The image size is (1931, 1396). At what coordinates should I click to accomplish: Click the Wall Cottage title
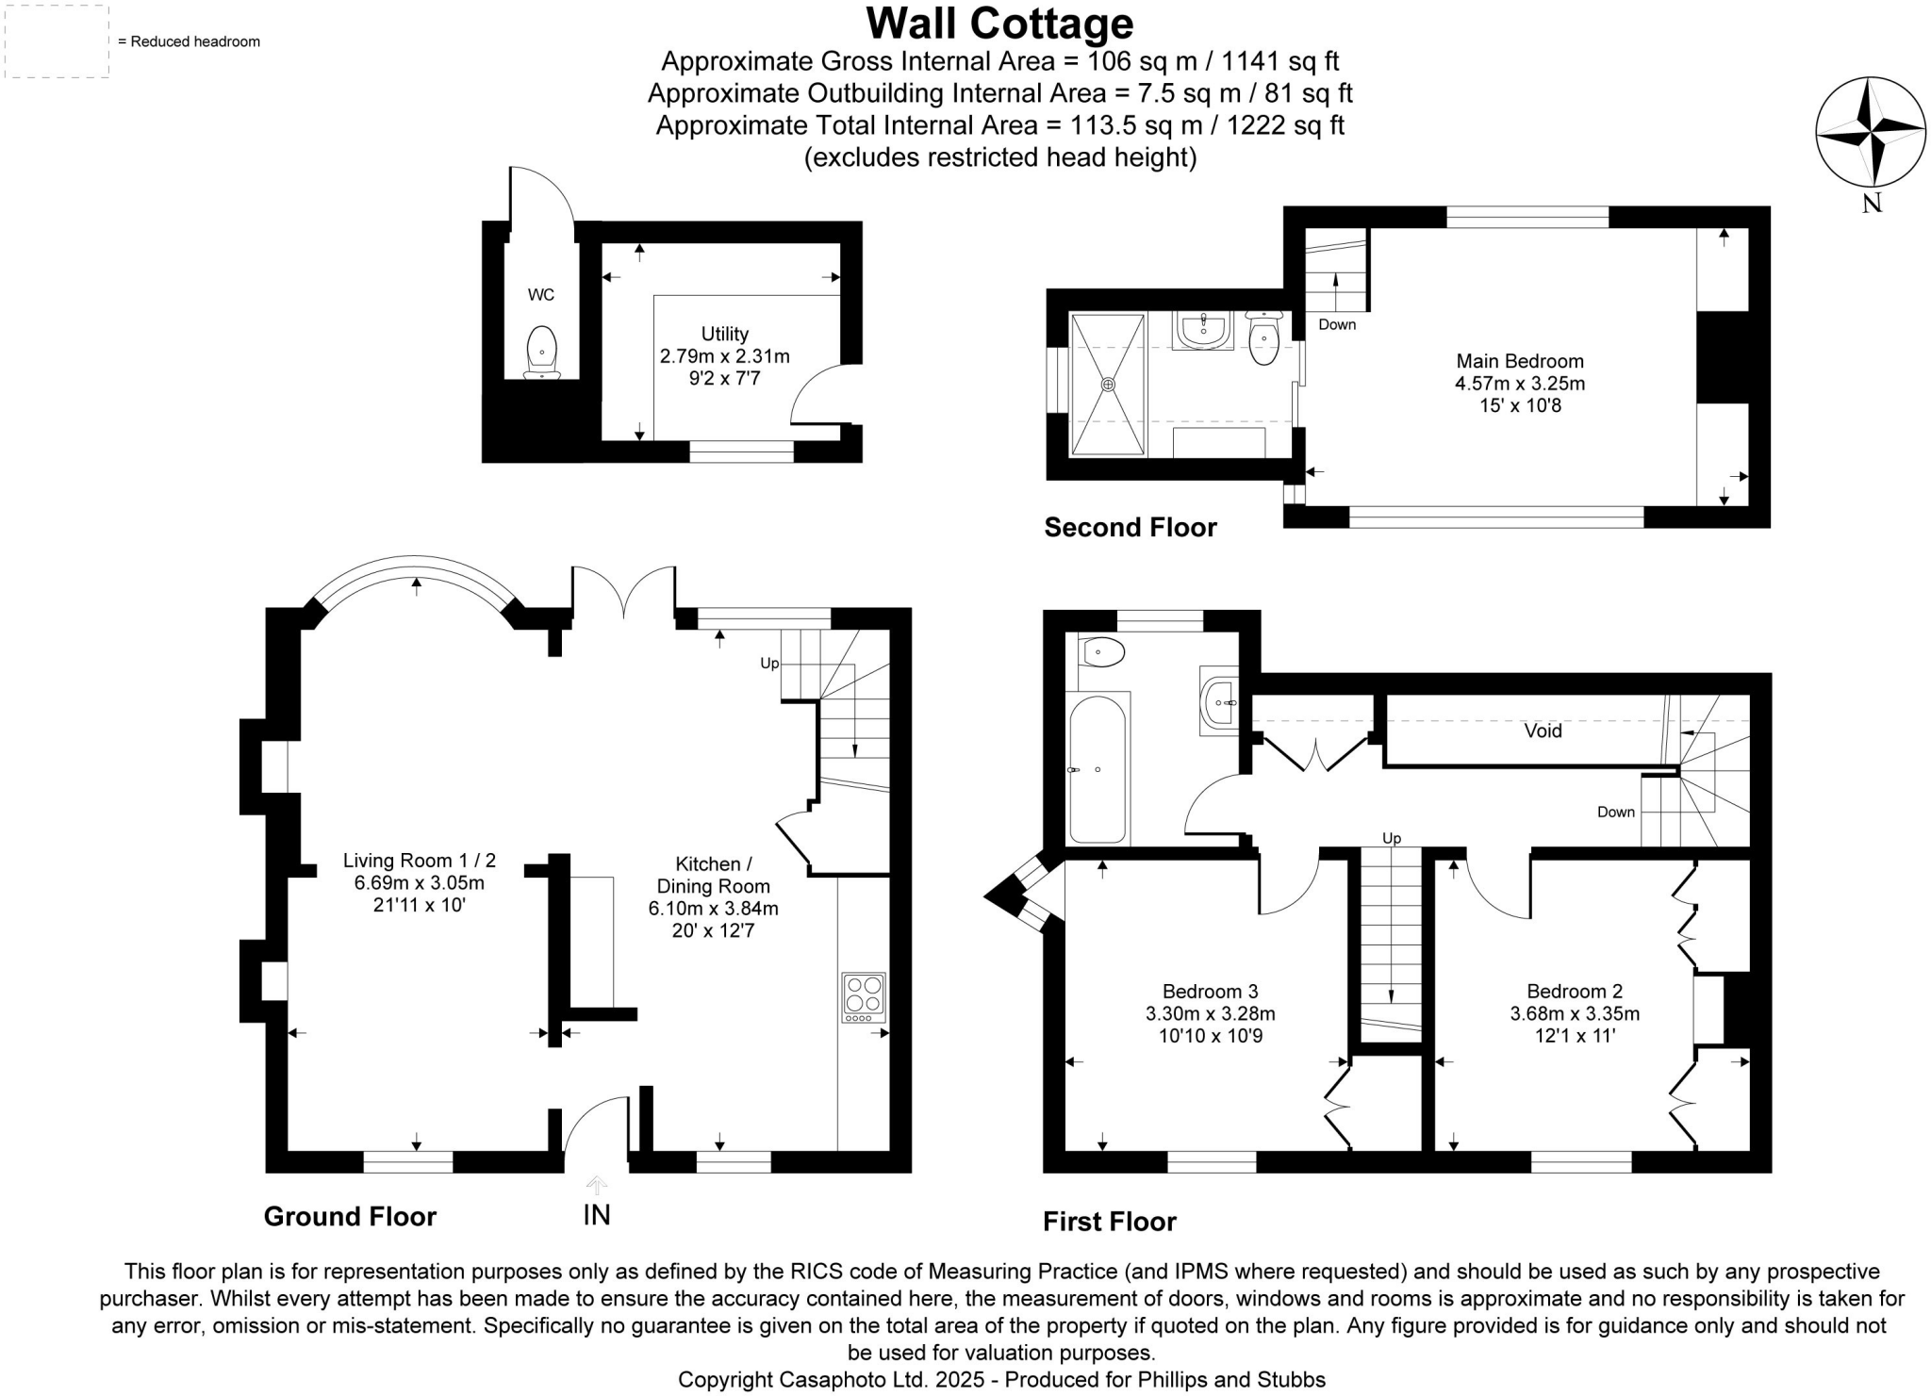(999, 24)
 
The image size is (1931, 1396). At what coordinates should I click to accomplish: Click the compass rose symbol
(1871, 131)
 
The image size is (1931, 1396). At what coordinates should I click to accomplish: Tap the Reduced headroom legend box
(57, 41)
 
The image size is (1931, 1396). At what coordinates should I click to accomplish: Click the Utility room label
(724, 334)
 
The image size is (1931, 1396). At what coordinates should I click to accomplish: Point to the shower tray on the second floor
(1108, 384)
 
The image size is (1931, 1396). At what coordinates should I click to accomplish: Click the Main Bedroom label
(1519, 361)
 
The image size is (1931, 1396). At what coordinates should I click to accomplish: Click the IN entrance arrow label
(596, 1214)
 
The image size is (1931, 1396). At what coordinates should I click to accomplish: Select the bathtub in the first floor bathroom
(1098, 769)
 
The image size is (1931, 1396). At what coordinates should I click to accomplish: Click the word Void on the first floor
(1543, 731)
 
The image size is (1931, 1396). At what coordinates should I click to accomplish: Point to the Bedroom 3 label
(1210, 992)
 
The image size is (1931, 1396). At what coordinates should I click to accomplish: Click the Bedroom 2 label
(1575, 992)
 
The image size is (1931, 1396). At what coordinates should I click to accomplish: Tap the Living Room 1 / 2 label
(419, 860)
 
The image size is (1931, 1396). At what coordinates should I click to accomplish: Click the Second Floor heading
(1130, 527)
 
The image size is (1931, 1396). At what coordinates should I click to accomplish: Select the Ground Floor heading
(350, 1216)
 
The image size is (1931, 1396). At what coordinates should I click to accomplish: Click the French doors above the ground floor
(623, 592)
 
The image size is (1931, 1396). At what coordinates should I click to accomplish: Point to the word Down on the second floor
(1336, 324)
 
